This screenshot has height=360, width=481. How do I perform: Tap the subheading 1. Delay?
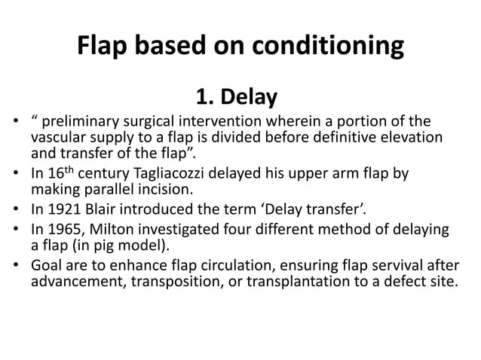point(236,97)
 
